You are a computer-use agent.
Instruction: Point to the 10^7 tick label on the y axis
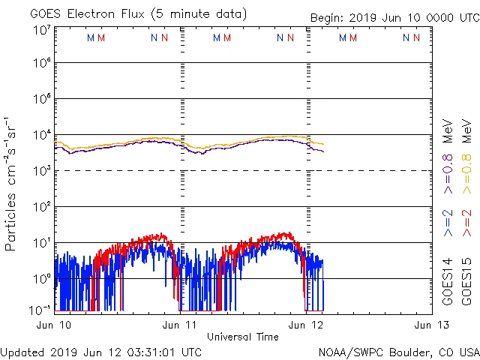click(x=42, y=30)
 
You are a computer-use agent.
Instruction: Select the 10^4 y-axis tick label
click(x=42, y=135)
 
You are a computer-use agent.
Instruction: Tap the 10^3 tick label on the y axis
click(x=42, y=171)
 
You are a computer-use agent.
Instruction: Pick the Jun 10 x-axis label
click(x=55, y=325)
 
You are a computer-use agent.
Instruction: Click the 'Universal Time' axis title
click(x=243, y=337)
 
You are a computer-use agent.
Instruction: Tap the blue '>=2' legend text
click(x=448, y=222)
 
